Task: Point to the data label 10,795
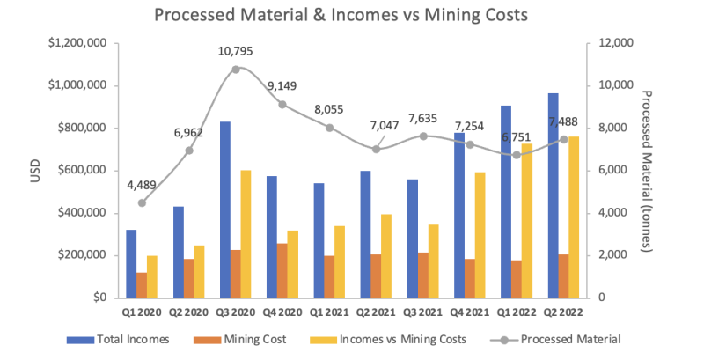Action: [236, 51]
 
